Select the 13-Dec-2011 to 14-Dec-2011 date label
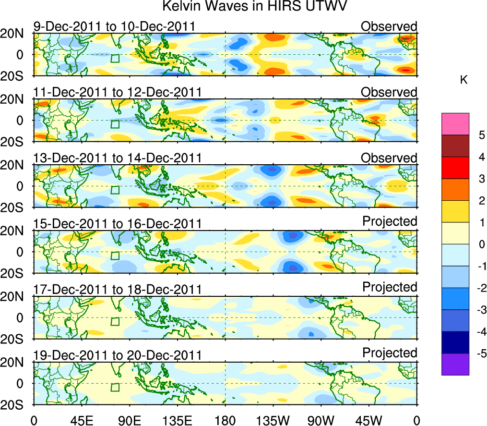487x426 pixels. (117, 158)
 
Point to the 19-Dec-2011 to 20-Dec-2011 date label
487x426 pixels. (117, 355)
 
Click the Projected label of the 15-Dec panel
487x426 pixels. (390, 221)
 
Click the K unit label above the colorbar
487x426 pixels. (463, 80)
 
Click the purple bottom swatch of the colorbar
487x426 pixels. (455, 364)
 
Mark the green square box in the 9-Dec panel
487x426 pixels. (115, 59)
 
